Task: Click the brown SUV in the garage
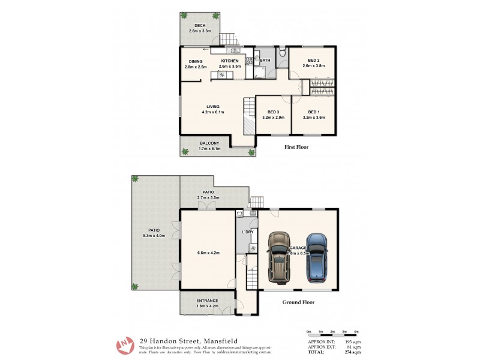(x=278, y=256)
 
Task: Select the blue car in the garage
(x=317, y=258)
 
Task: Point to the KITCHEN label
(x=230, y=61)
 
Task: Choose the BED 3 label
(x=273, y=112)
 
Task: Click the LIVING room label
(x=213, y=106)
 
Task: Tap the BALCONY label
(x=209, y=143)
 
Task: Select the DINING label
(x=196, y=61)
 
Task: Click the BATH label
(x=264, y=61)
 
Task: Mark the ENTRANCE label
(x=207, y=301)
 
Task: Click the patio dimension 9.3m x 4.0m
(x=154, y=236)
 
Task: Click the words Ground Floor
(x=298, y=302)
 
